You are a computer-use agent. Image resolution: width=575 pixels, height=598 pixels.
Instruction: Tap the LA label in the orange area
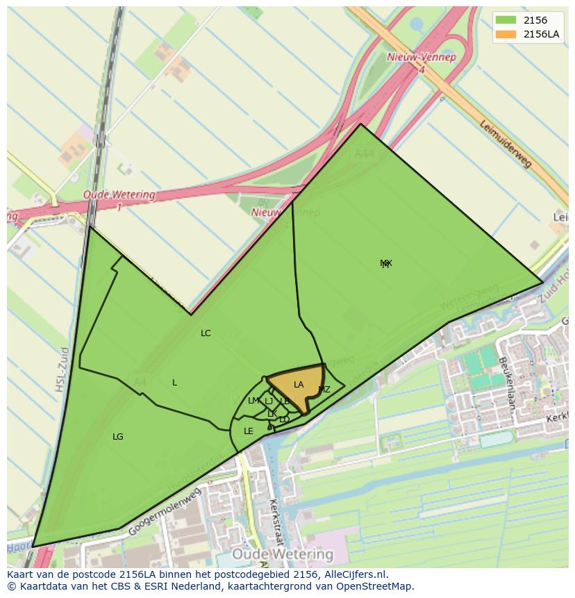coord(299,385)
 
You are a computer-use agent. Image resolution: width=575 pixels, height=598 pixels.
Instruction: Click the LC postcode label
coord(206,333)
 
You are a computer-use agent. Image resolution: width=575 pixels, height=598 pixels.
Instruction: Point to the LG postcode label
coord(118,437)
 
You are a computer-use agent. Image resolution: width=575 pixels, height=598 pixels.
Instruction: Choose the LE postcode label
coord(249,431)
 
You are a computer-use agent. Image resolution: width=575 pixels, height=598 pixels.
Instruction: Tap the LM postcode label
coord(253,401)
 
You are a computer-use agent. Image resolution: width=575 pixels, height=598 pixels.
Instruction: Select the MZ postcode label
coord(324,390)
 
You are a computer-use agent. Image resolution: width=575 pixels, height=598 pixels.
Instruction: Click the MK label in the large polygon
coord(386,263)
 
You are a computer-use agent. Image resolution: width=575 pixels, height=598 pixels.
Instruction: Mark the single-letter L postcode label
coord(174,383)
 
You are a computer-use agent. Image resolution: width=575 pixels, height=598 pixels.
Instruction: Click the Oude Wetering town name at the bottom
coord(283,554)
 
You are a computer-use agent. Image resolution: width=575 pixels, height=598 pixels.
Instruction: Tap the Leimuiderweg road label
coord(506,143)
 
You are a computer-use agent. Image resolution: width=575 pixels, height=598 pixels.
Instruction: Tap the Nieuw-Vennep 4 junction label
coord(422,63)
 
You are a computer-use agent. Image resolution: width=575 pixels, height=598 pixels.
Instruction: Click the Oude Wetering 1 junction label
coord(119,200)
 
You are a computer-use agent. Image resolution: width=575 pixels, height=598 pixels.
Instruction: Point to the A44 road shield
coord(364,153)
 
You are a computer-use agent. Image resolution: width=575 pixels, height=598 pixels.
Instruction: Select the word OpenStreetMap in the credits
coord(378,586)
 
